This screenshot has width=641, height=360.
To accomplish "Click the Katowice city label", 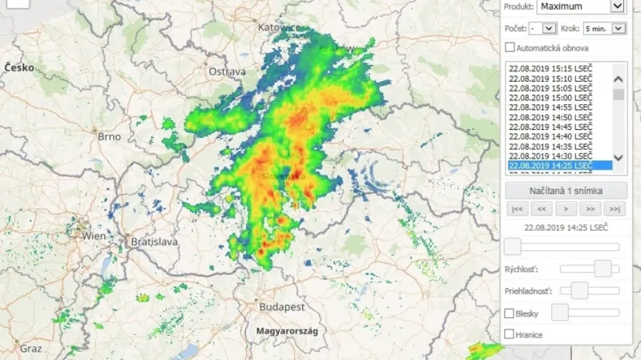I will [x=277, y=27].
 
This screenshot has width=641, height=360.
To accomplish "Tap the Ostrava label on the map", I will [x=227, y=72].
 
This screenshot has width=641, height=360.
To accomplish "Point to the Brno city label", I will [x=109, y=136].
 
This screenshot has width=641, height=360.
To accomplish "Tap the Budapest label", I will [x=281, y=307].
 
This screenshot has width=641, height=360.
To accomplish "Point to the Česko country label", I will [x=19, y=68].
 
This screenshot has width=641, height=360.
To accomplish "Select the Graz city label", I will [x=30, y=349].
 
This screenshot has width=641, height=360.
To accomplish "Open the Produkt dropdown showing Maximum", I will [x=580, y=6].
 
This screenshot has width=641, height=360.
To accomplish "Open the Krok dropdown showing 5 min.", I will [x=604, y=28].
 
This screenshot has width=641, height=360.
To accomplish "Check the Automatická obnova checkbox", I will [x=510, y=48].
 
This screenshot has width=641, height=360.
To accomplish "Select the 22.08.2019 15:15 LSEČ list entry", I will [x=550, y=69].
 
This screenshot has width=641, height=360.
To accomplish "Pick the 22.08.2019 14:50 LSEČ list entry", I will [x=550, y=117].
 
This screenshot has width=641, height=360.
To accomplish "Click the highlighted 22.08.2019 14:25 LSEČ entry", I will [x=550, y=165].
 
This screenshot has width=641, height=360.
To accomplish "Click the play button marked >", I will [x=566, y=209].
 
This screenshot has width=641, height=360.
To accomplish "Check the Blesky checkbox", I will [x=510, y=313].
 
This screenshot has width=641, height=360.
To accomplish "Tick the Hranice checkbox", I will [x=510, y=334].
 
